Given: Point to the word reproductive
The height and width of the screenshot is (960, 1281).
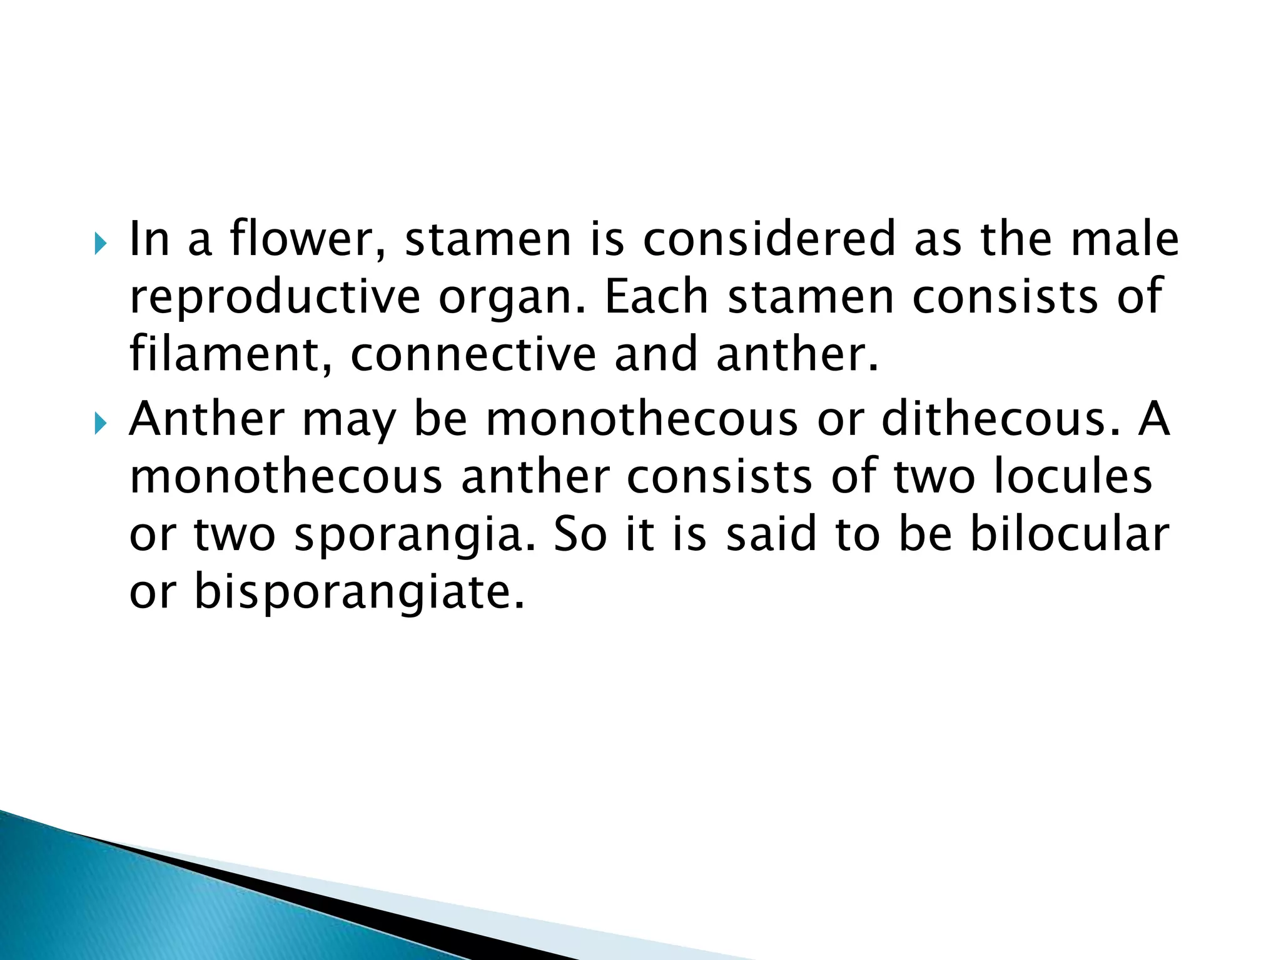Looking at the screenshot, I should [275, 296].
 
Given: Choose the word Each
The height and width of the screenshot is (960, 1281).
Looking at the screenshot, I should [656, 296].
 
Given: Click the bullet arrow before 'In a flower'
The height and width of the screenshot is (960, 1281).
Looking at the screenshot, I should [101, 243].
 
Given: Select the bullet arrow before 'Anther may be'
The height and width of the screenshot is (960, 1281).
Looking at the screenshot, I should [101, 423].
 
